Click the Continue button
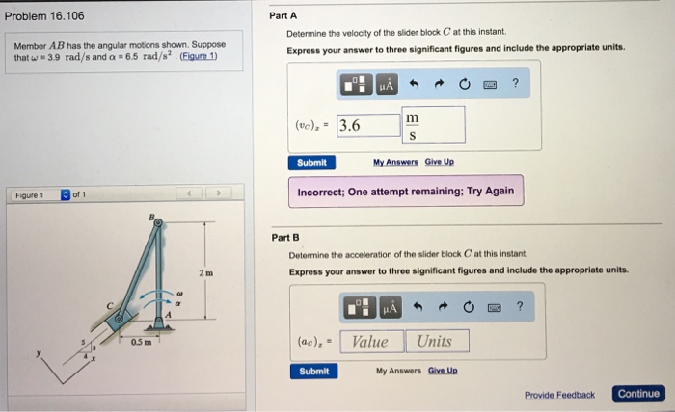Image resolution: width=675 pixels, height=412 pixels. [638, 394]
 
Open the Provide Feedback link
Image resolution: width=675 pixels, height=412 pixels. [559, 395]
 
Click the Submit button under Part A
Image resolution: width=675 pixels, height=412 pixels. [311, 163]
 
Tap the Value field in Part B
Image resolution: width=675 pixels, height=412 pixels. [370, 342]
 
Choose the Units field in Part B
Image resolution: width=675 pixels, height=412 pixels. [435, 342]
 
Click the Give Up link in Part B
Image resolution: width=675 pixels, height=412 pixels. [443, 371]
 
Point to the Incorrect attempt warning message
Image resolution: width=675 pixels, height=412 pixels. [406, 192]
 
